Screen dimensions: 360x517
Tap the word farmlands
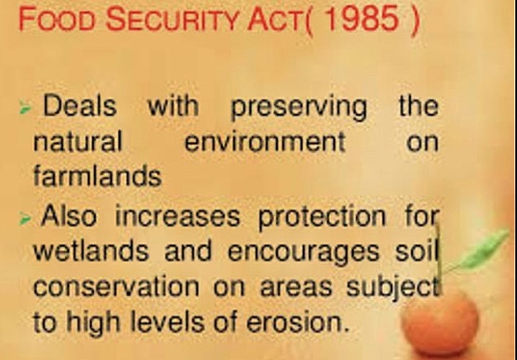(97, 176)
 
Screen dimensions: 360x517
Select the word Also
(69, 217)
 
